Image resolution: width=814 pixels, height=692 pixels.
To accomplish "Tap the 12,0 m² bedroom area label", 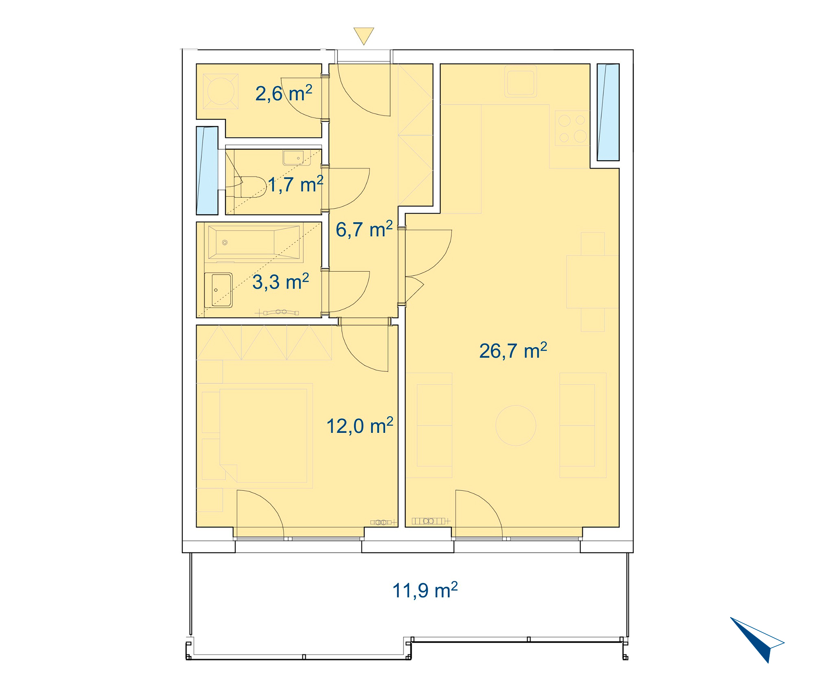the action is coord(360,426).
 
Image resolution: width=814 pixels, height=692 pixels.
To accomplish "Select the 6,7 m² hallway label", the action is coord(364,229).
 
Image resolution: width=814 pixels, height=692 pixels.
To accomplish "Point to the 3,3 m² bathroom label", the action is coord(280,282).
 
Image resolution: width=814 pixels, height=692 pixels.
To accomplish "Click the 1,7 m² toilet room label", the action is coord(295,184).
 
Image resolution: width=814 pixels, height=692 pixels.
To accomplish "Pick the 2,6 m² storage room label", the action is coord(284,93).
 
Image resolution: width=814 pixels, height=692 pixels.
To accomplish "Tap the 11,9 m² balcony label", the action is coord(425,590).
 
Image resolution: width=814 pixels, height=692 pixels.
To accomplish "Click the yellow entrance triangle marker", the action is coord(363,35).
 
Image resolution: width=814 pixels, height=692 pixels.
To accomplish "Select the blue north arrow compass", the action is coord(757,639).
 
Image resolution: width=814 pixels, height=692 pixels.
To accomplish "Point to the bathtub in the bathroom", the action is coord(255,242).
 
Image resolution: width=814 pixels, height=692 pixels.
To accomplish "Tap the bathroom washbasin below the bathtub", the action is coord(218,290).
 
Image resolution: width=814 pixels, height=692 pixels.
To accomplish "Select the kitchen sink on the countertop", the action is coord(521,81).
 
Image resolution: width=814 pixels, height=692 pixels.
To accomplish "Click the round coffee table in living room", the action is coord(516,425).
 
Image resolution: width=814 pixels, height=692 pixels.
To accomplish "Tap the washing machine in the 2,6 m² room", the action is coord(221,91).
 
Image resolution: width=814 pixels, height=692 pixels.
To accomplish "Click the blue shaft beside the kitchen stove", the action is coord(608,112).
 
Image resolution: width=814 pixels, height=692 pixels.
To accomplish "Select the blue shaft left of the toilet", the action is coord(207,171).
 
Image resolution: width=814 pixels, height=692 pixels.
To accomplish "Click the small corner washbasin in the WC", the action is coord(297,158).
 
